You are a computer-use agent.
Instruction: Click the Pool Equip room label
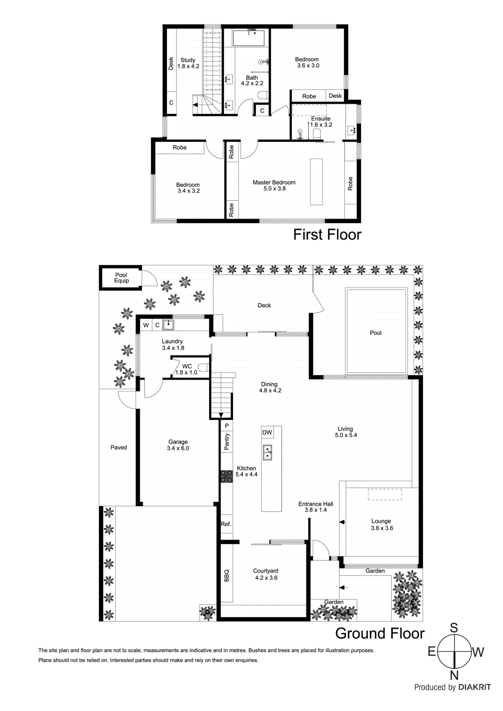click(x=121, y=278)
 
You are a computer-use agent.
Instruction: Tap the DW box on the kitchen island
click(x=267, y=432)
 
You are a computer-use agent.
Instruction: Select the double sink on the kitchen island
click(x=267, y=452)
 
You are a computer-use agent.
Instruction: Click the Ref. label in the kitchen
click(x=226, y=524)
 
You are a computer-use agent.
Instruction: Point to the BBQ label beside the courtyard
click(x=226, y=575)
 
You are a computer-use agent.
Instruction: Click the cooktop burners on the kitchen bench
click(x=226, y=477)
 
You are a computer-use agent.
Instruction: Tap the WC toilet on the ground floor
click(x=204, y=367)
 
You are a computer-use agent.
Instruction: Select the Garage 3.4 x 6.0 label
click(x=178, y=445)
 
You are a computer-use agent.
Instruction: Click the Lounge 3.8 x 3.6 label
click(x=382, y=524)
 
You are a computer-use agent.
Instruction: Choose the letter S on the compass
click(x=454, y=627)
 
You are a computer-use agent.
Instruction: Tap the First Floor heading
click(x=327, y=235)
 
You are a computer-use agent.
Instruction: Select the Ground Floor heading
click(x=379, y=633)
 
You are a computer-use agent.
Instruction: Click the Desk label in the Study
click(x=171, y=64)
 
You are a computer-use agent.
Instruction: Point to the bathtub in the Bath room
click(x=249, y=38)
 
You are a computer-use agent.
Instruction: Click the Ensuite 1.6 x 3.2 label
click(x=321, y=122)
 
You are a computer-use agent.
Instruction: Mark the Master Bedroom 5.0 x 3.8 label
click(x=274, y=185)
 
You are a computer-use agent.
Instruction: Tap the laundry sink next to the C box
click(x=168, y=325)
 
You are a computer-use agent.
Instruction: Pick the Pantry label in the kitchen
click(x=227, y=442)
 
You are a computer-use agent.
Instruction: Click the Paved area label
click(x=118, y=447)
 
